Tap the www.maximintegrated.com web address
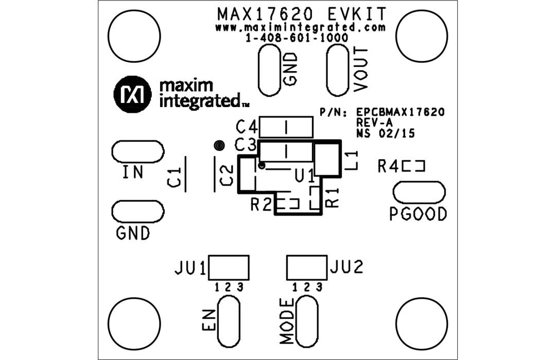tap(301, 27)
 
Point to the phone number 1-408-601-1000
tap(297, 38)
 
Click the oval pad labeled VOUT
tap(338, 70)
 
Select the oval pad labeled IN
tap(137, 151)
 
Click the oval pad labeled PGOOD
tap(419, 192)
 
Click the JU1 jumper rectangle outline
tap(229, 267)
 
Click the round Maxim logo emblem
tap(132, 94)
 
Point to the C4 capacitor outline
tap(286, 127)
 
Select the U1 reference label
tap(304, 177)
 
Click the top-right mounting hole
tap(421, 35)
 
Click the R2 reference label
tap(261, 204)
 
